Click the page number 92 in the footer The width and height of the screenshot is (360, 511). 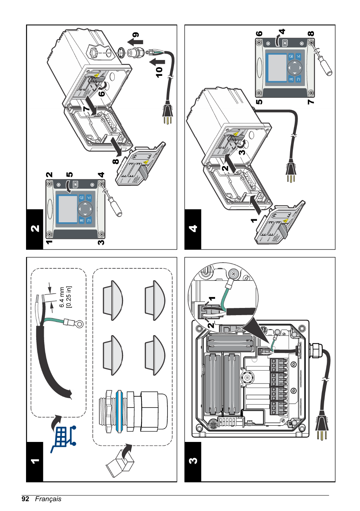click(25, 499)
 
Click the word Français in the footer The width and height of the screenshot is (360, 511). click(48, 499)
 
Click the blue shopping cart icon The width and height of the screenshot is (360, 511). click(63, 438)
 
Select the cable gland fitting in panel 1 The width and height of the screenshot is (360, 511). click(132, 411)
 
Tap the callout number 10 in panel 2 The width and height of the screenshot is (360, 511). click(159, 72)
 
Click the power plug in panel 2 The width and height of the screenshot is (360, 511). click(168, 113)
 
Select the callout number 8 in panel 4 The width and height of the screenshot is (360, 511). click(311, 34)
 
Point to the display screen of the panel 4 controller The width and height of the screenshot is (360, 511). click(277, 68)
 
